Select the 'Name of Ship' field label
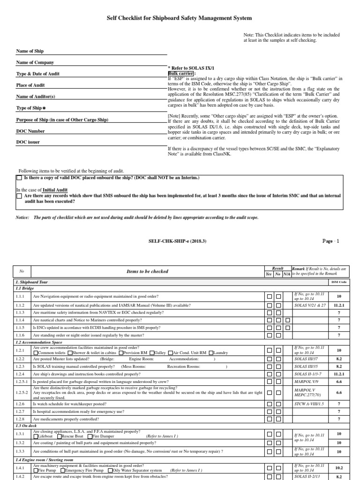pyautogui.click(x=30, y=51)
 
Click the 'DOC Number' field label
pyautogui.click(x=30, y=131)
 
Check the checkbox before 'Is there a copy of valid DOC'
pyautogui.click(x=19, y=178)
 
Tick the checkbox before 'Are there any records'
pyautogui.click(x=19, y=196)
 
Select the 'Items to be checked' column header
pyautogui.click(x=147, y=271)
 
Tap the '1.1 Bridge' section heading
pyautogui.click(x=25, y=289)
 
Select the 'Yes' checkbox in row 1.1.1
pyautogui.click(x=269, y=296)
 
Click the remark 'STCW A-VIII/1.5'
pyautogui.click(x=309, y=403)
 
